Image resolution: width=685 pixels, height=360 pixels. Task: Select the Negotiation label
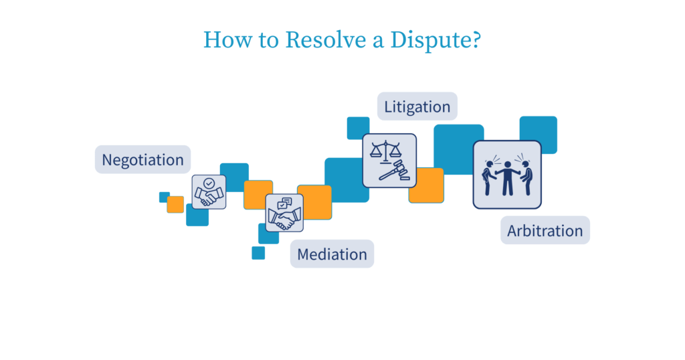pyautogui.click(x=142, y=160)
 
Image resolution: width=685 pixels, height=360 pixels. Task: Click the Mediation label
pyautogui.click(x=332, y=254)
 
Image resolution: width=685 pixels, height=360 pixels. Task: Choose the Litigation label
pyautogui.click(x=417, y=106)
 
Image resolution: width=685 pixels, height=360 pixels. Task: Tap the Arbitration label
pyautogui.click(x=545, y=231)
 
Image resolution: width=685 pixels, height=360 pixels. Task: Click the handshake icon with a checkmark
pyautogui.click(x=209, y=193)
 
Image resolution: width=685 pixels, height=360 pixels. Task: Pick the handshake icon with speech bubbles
pyautogui.click(x=284, y=213)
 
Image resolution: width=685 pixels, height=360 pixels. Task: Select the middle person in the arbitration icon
pyautogui.click(x=507, y=177)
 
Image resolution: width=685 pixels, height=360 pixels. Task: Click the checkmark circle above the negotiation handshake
pyautogui.click(x=209, y=183)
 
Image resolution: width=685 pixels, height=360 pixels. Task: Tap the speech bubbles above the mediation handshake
pyautogui.click(x=286, y=202)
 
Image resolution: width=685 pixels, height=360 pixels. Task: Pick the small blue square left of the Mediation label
pyautogui.click(x=258, y=253)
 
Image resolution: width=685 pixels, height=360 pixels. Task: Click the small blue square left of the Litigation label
pyautogui.click(x=358, y=127)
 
